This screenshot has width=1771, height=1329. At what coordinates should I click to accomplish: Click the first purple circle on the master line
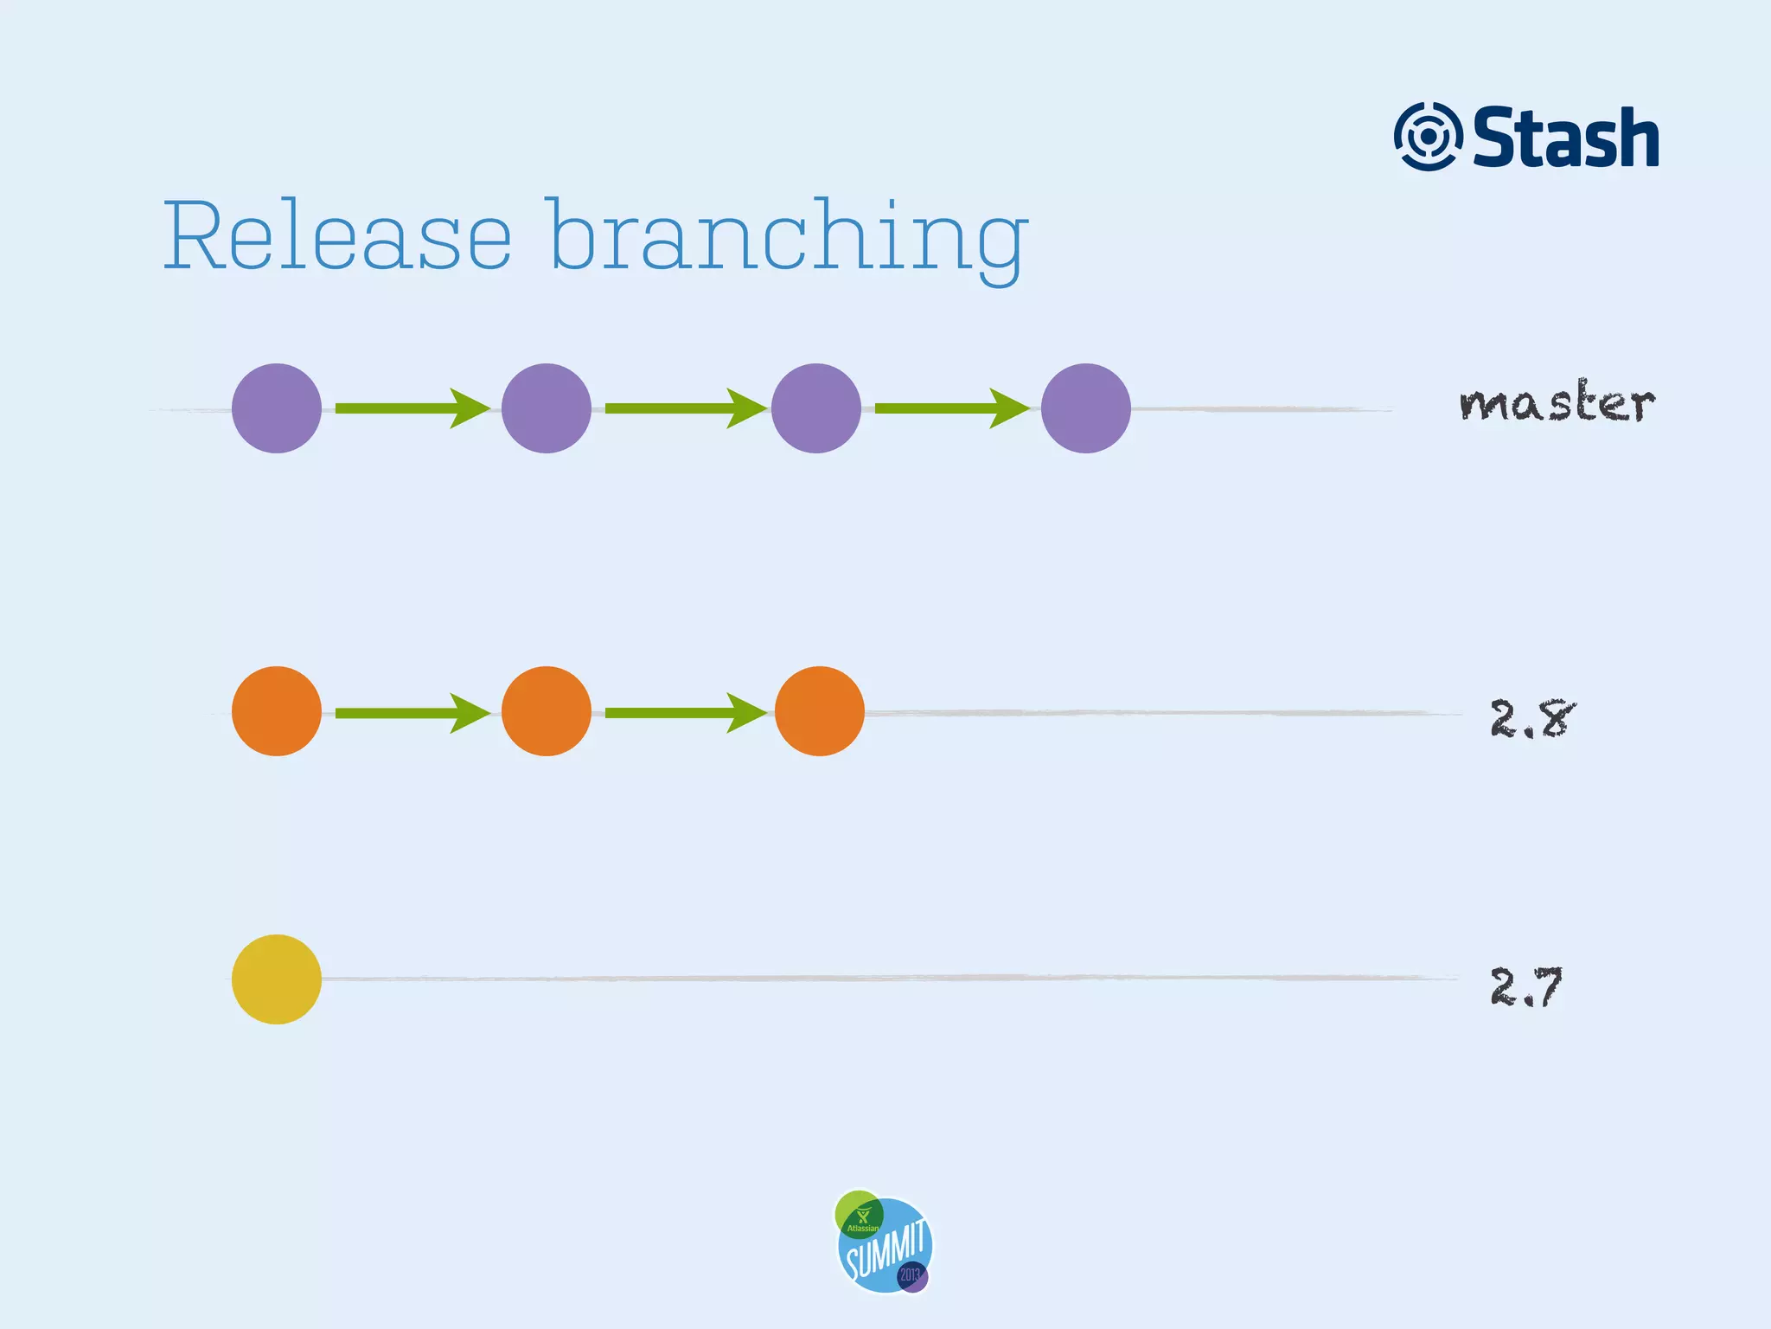[x=277, y=408]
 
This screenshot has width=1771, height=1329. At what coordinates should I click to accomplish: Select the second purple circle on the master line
[x=547, y=408]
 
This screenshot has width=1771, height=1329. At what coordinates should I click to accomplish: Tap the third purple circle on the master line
[x=816, y=408]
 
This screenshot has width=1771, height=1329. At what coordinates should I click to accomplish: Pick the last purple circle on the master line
[x=1086, y=408]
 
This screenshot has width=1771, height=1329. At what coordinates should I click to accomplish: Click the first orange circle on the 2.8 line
[x=277, y=711]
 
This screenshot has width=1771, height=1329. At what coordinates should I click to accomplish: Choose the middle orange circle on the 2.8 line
[x=547, y=711]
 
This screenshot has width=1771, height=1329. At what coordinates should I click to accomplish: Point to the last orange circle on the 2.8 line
[x=820, y=711]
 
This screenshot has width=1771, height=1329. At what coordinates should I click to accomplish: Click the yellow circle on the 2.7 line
[x=277, y=979]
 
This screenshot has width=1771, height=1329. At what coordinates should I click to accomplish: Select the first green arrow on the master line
[x=412, y=408]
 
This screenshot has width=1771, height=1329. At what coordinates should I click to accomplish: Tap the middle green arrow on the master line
[x=685, y=408]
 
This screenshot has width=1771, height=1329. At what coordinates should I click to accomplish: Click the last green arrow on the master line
[x=951, y=408]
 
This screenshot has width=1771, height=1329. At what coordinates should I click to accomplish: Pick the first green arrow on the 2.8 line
[x=412, y=713]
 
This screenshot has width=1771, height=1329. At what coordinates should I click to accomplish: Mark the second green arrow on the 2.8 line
[x=685, y=713]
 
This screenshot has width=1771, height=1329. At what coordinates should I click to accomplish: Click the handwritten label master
[x=1557, y=402]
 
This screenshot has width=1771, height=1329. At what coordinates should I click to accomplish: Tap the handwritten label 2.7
[x=1526, y=986]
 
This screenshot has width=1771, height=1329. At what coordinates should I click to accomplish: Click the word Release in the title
[x=337, y=235]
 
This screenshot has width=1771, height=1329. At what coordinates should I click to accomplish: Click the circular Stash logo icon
[x=1428, y=137]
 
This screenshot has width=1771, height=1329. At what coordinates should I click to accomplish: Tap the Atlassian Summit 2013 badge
[x=884, y=1242]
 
